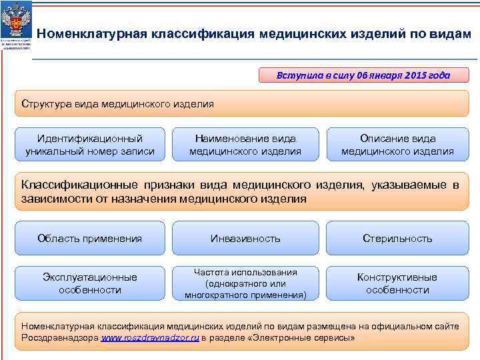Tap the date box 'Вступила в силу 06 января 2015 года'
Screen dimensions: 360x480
[x=363, y=75]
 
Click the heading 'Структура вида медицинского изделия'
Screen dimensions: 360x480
[x=117, y=103]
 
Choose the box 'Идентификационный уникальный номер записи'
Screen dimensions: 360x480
[x=90, y=145]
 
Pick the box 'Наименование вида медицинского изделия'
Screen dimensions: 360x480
[x=245, y=145]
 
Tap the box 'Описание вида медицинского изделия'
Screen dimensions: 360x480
[x=397, y=145]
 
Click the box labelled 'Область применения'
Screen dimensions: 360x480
[x=90, y=238]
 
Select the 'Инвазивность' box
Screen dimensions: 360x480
[x=245, y=238]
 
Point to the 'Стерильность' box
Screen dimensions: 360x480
[x=397, y=238]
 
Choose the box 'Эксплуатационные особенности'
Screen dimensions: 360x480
[x=90, y=283]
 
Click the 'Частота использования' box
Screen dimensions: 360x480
[x=245, y=283]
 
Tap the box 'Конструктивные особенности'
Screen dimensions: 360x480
[x=397, y=283]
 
